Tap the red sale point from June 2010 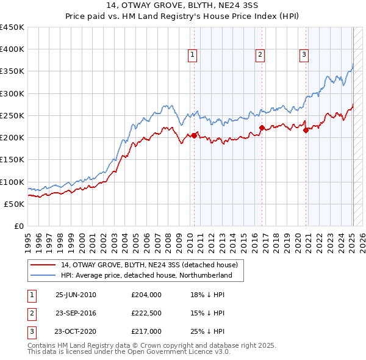(x=194, y=135)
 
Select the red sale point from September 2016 (x=262, y=128)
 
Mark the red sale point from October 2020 (x=306, y=130)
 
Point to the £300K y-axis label (x=12, y=93)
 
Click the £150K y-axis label (x=12, y=159)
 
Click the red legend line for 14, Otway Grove (x=42, y=265)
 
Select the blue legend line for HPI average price (x=42, y=276)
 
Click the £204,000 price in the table (x=146, y=295)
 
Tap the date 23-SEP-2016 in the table (x=76, y=313)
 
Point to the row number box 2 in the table (x=30, y=313)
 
